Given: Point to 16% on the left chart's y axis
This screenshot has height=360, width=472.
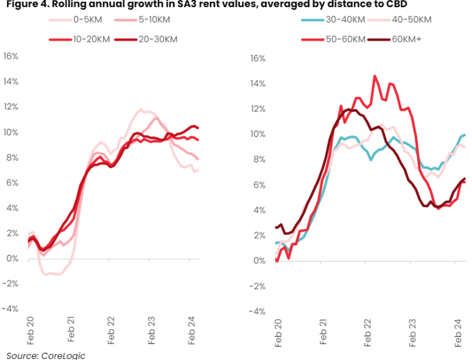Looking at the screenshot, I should [11, 57].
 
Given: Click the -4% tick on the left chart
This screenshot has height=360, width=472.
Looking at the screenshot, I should [11, 309].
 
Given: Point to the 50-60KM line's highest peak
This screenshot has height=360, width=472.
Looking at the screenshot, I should [374, 76].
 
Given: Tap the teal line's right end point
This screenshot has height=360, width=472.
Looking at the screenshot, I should [464, 135].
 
